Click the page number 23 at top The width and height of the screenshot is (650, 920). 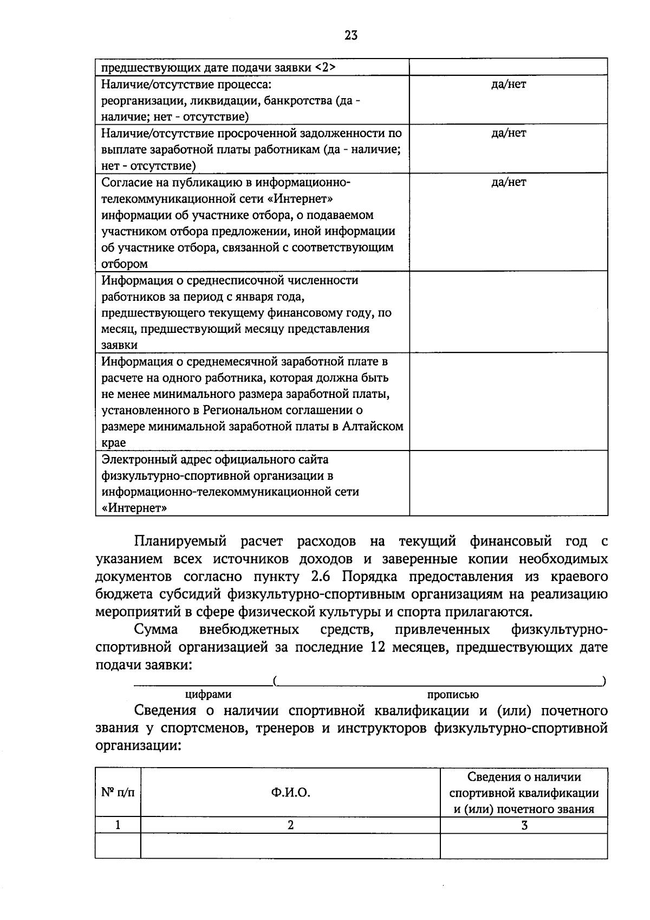pyautogui.click(x=350, y=36)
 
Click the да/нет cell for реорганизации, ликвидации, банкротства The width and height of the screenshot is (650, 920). pyautogui.click(x=508, y=85)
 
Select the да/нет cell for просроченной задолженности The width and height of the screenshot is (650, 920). pyautogui.click(x=508, y=133)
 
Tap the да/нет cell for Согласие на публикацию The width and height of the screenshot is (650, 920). pyautogui.click(x=508, y=182)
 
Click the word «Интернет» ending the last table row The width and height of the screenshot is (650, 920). pyautogui.click(x=134, y=509)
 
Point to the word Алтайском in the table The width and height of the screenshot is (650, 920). pyautogui.click(x=373, y=427)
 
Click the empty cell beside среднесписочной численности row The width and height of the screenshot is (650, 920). pyautogui.click(x=508, y=312)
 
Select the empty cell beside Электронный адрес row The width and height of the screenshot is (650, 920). pyautogui.click(x=508, y=482)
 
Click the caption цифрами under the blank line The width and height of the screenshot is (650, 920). pyautogui.click(x=208, y=694)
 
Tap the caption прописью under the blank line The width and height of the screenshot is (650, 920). pyautogui.click(x=453, y=694)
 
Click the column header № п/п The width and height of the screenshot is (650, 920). pyautogui.click(x=118, y=793)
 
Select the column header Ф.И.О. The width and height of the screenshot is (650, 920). pyautogui.click(x=290, y=793)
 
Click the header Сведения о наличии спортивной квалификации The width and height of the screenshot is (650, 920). pyautogui.click(x=524, y=793)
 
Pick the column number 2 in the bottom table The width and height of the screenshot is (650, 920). pyautogui.click(x=290, y=825)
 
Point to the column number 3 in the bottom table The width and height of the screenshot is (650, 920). pyautogui.click(x=524, y=825)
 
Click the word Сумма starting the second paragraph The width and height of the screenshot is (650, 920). pyautogui.click(x=156, y=630)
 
